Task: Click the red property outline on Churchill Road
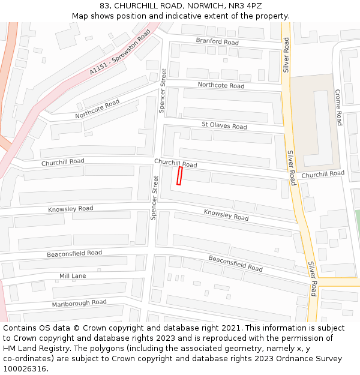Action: [x=179, y=176]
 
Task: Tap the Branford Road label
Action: [x=217, y=42]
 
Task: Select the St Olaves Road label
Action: [x=224, y=126]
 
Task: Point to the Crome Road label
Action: [x=338, y=107]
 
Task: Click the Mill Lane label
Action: [x=73, y=276]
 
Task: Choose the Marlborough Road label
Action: [x=79, y=303]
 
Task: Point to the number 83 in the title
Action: [x=103, y=5]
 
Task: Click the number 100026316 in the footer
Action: [x=25, y=369]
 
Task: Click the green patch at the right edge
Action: [x=357, y=222]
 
